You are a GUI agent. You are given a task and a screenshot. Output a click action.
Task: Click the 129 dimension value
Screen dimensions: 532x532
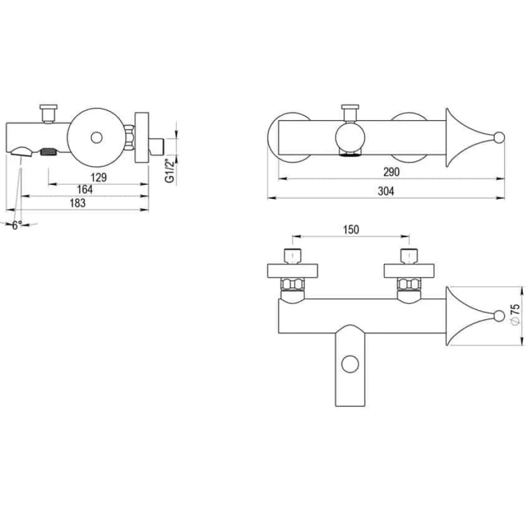pyautogui.click(x=99, y=177)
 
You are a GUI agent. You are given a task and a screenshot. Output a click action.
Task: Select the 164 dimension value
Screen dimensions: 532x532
pyautogui.click(x=85, y=189)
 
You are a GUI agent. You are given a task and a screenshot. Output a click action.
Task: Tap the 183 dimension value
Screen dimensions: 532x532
pyautogui.click(x=78, y=203)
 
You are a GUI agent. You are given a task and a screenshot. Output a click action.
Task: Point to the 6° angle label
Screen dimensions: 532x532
pyautogui.click(x=17, y=225)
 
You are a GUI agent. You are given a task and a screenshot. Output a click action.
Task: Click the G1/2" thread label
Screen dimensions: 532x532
pyautogui.click(x=169, y=171)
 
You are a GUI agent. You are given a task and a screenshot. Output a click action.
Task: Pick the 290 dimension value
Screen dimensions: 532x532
pyautogui.click(x=392, y=172)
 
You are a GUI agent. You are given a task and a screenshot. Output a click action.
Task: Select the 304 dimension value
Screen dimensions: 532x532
pyautogui.click(x=386, y=191)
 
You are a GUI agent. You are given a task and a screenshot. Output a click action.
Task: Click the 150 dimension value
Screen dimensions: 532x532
pyautogui.click(x=351, y=230)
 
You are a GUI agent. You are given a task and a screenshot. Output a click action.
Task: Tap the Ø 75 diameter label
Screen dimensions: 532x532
pyautogui.click(x=514, y=314)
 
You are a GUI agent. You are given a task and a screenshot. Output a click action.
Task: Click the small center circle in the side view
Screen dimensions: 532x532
pyautogui.click(x=97, y=138)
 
